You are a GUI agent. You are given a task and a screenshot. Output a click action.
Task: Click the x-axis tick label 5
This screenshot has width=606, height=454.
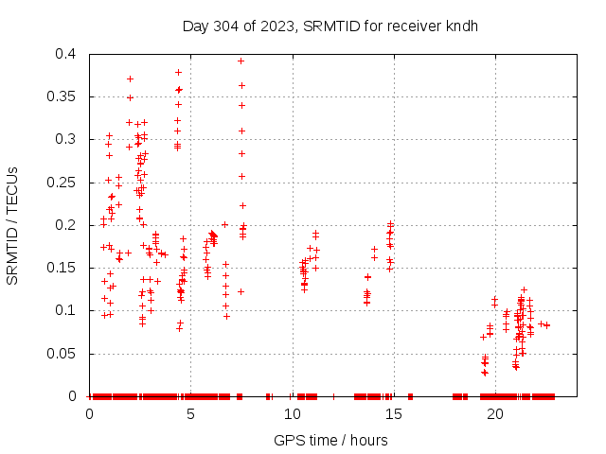pos(191,414)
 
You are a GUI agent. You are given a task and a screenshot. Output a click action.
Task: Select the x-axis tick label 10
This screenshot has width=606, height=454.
pos(293,414)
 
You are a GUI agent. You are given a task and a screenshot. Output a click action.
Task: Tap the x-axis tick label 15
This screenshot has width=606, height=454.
pos(394,414)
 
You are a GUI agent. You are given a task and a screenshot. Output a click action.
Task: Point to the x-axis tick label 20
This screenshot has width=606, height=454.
pos(495,414)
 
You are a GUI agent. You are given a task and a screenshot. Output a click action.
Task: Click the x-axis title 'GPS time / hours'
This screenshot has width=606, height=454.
pos(330,440)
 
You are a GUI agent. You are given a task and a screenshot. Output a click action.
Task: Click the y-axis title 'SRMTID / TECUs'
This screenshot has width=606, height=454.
pos(13,225)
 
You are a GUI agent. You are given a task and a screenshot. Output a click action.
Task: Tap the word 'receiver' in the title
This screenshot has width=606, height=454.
pos(414,26)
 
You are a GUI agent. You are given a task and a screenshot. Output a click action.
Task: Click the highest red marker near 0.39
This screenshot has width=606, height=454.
pos(241,61)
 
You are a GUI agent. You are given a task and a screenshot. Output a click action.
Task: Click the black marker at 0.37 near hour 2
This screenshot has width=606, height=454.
pos(130,79)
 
